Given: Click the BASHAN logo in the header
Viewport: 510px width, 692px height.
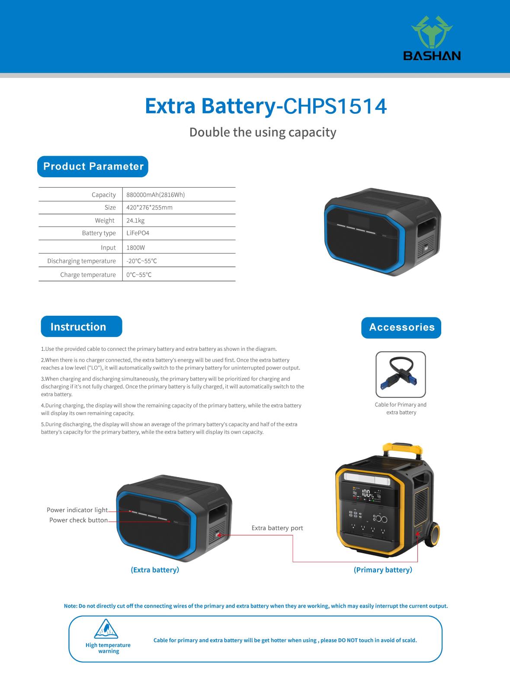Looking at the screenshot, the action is point(432,38).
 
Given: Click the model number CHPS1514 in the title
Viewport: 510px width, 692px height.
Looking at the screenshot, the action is point(334,106).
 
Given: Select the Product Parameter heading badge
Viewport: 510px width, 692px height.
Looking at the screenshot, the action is point(93,167).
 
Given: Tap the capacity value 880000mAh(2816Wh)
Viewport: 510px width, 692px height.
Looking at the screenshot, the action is point(156,195).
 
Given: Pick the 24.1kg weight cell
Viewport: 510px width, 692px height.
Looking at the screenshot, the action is point(135,221).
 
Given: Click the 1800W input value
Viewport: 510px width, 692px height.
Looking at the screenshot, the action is point(136,248).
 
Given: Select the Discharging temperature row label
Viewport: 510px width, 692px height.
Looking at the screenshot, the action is point(82,261).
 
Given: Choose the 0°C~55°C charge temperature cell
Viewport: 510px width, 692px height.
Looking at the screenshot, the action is point(139,275).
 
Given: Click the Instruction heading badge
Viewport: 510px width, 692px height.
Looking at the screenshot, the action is point(81,327).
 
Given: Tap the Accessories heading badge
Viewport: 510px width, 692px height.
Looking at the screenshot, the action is point(401,327).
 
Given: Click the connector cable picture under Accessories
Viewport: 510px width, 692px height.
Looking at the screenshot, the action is point(401,375).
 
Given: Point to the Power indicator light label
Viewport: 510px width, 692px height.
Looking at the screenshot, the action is point(77,510).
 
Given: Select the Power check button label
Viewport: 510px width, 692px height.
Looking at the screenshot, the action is point(78,520).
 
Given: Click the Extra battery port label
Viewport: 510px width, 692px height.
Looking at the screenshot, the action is point(277,528).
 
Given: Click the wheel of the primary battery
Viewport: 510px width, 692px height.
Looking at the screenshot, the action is point(433,535).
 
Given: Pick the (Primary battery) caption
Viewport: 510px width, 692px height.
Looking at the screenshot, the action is point(383,570).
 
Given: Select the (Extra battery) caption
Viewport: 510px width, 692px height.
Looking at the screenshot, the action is point(155,570).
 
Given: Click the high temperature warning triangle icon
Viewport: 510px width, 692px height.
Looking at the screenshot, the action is point(106,629).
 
